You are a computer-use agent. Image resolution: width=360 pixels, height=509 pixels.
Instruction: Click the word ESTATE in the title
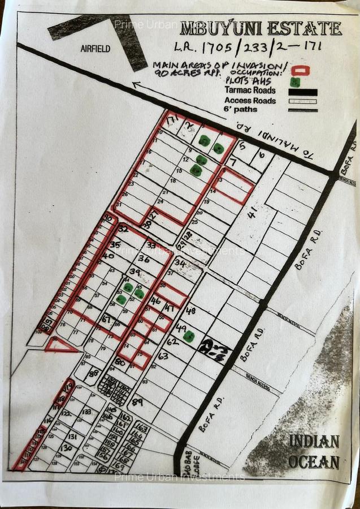coord(308,28)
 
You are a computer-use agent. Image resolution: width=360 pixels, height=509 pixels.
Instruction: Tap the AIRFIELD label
coord(96,49)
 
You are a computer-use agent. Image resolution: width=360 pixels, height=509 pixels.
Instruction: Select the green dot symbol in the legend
coord(294,81)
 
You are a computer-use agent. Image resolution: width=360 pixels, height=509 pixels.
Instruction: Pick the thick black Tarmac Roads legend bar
coord(302,92)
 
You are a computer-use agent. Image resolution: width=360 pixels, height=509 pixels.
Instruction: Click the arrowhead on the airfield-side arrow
coord(136,85)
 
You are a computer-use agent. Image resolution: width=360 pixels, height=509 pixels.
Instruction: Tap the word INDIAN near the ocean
coord(314,441)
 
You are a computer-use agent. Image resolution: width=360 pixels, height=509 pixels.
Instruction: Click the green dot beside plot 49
coord(189,337)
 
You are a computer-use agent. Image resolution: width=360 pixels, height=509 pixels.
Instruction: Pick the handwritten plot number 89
coord(137,402)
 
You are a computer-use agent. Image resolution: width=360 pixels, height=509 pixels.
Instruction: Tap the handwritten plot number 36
coord(144,259)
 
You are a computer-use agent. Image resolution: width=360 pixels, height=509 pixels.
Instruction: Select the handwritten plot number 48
coord(190,310)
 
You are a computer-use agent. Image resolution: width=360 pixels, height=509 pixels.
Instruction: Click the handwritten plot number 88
coord(94,373)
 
